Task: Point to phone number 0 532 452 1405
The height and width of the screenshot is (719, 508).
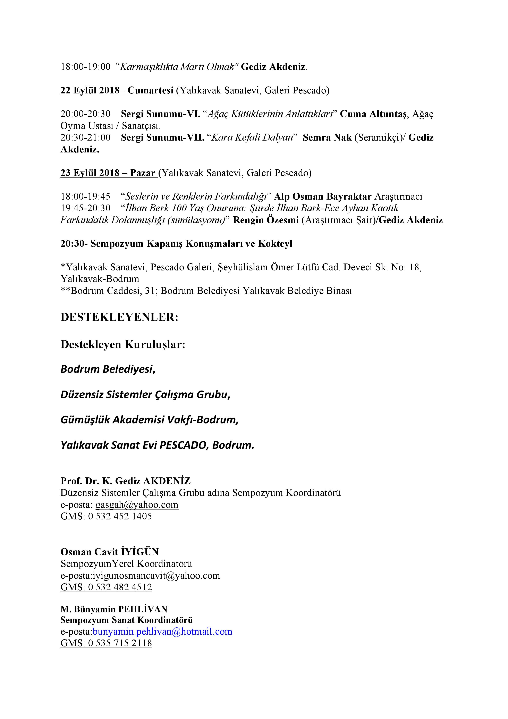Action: point(120,516)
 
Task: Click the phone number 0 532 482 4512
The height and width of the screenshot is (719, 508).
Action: point(120,587)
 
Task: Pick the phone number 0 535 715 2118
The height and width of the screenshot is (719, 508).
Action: point(120,643)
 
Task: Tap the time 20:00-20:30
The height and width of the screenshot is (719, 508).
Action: point(85,114)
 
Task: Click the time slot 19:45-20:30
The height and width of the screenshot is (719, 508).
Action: point(85,208)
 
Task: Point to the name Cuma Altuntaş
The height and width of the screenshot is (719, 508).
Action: point(373,114)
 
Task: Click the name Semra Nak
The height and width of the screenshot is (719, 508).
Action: point(327,137)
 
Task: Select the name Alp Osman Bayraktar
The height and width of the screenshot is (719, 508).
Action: point(323,196)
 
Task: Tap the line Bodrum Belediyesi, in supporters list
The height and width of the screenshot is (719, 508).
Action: point(108,369)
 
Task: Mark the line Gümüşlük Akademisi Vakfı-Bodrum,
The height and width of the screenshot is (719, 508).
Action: point(149,420)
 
